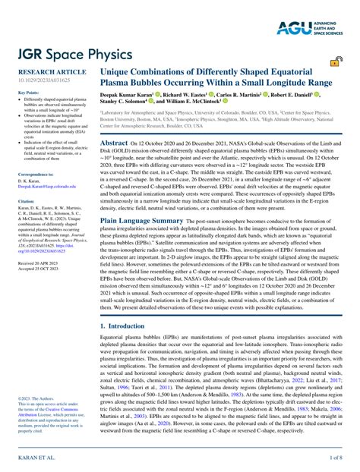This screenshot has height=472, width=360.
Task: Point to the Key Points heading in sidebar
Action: (28, 93)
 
